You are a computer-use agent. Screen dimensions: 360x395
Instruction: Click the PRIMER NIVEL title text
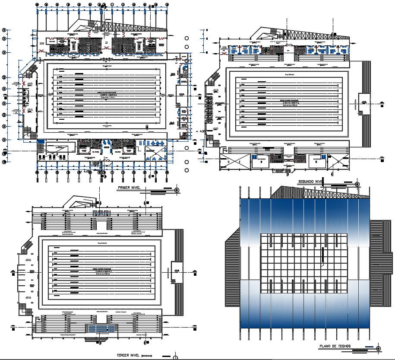(131, 188)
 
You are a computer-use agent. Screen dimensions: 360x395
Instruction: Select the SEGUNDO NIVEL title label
(311, 182)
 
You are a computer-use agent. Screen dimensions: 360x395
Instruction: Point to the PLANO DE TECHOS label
(335, 346)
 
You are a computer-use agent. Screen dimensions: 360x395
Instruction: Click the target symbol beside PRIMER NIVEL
(177, 190)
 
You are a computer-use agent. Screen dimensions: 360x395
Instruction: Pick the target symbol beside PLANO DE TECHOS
(378, 348)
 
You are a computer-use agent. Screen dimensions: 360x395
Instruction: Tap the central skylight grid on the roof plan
(298, 263)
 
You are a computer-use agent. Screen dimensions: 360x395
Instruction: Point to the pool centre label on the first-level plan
(106, 93)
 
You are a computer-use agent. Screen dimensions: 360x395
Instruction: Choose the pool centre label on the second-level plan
(288, 102)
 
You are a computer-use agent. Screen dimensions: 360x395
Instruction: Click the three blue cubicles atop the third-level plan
(100, 213)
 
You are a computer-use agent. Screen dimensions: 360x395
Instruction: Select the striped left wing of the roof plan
(233, 268)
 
